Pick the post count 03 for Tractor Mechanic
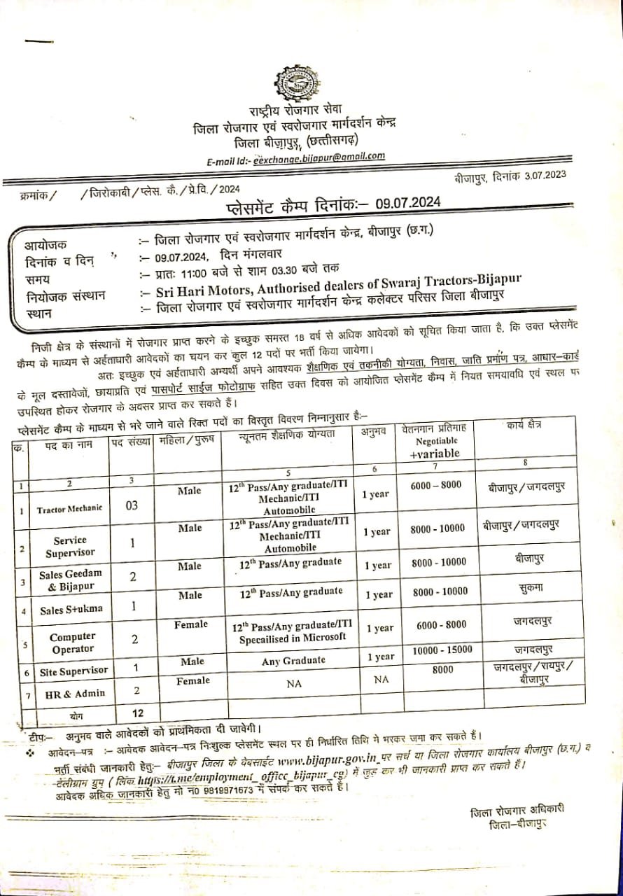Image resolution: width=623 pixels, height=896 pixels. pyautogui.click(x=132, y=506)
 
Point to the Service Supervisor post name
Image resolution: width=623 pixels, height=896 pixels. pyautogui.click(x=69, y=547)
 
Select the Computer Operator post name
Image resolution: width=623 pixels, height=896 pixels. pyautogui.click(x=72, y=643)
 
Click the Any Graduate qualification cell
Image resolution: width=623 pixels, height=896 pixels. pyautogui.click(x=293, y=659)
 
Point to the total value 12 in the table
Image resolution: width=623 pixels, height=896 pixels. pyautogui.click(x=138, y=713)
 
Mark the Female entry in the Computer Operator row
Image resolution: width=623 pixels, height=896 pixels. pyautogui.click(x=192, y=624)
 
